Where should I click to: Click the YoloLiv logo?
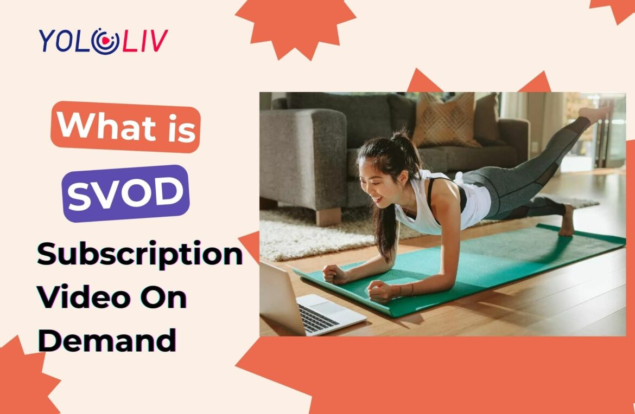coord(103,41)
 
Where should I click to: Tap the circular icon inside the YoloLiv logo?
coord(105,41)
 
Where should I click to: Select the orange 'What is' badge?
coord(125,127)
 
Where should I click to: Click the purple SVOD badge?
coord(125,193)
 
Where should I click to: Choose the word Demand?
coord(107,340)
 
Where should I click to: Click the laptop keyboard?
coord(319,318)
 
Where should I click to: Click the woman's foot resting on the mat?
coord(567,221)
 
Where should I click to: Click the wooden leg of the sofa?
coord(328,216)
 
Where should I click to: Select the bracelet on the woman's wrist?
coord(412,289)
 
